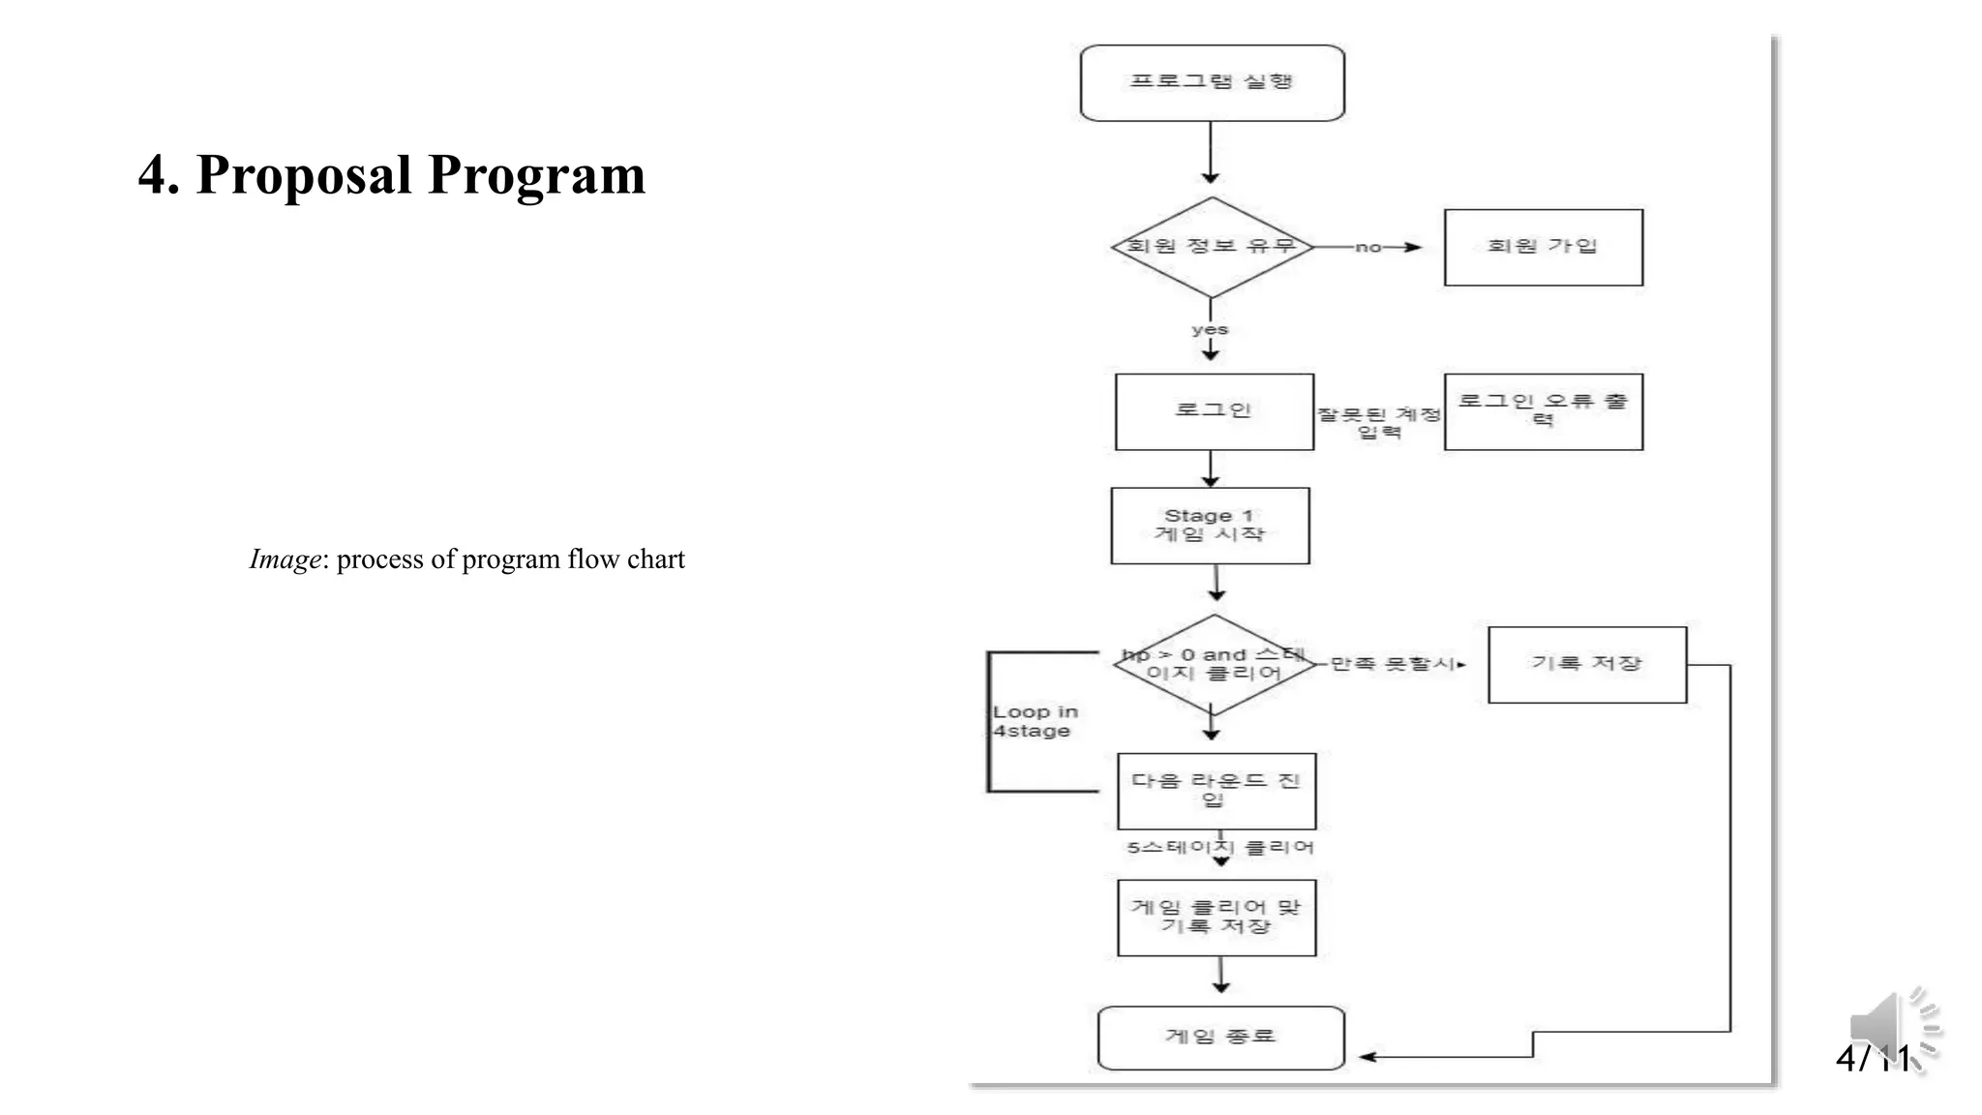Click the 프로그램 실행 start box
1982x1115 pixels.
coord(1212,82)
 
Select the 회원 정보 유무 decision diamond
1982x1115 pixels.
coord(1212,247)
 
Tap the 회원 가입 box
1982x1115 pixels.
coord(1543,247)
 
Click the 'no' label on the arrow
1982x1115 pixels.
coord(1367,248)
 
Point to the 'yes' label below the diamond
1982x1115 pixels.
coord(1210,329)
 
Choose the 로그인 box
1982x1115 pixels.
coord(1214,411)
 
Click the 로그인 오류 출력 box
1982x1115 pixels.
coord(1543,411)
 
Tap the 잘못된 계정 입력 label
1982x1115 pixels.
coord(1379,423)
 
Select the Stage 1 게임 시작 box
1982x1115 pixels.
coord(1210,526)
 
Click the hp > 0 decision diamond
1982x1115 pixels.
coord(1214,665)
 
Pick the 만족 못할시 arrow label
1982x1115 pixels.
coord(1394,664)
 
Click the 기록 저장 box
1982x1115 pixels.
coord(1586,664)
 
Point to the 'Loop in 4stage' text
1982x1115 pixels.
coord(1035,721)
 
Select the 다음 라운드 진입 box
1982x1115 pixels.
coord(1216,791)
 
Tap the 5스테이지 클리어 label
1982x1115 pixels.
coord(1219,848)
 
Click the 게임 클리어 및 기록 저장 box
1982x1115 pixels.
coord(1216,918)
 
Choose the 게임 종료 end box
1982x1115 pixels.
coord(1220,1038)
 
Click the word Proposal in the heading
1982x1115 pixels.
coord(304,176)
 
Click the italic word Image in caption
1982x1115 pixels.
coord(285,559)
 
